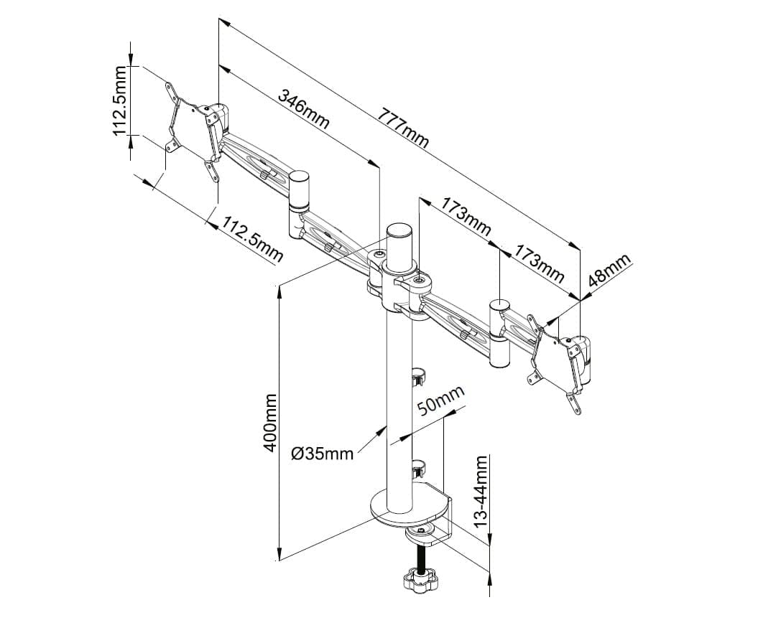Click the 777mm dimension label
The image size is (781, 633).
pyautogui.click(x=402, y=128)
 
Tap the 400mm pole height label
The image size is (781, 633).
pyautogui.click(x=270, y=422)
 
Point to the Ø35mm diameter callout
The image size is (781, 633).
pyautogui.click(x=323, y=454)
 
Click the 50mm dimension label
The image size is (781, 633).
pyautogui.click(x=440, y=400)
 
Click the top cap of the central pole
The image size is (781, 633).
pyautogui.click(x=399, y=231)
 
